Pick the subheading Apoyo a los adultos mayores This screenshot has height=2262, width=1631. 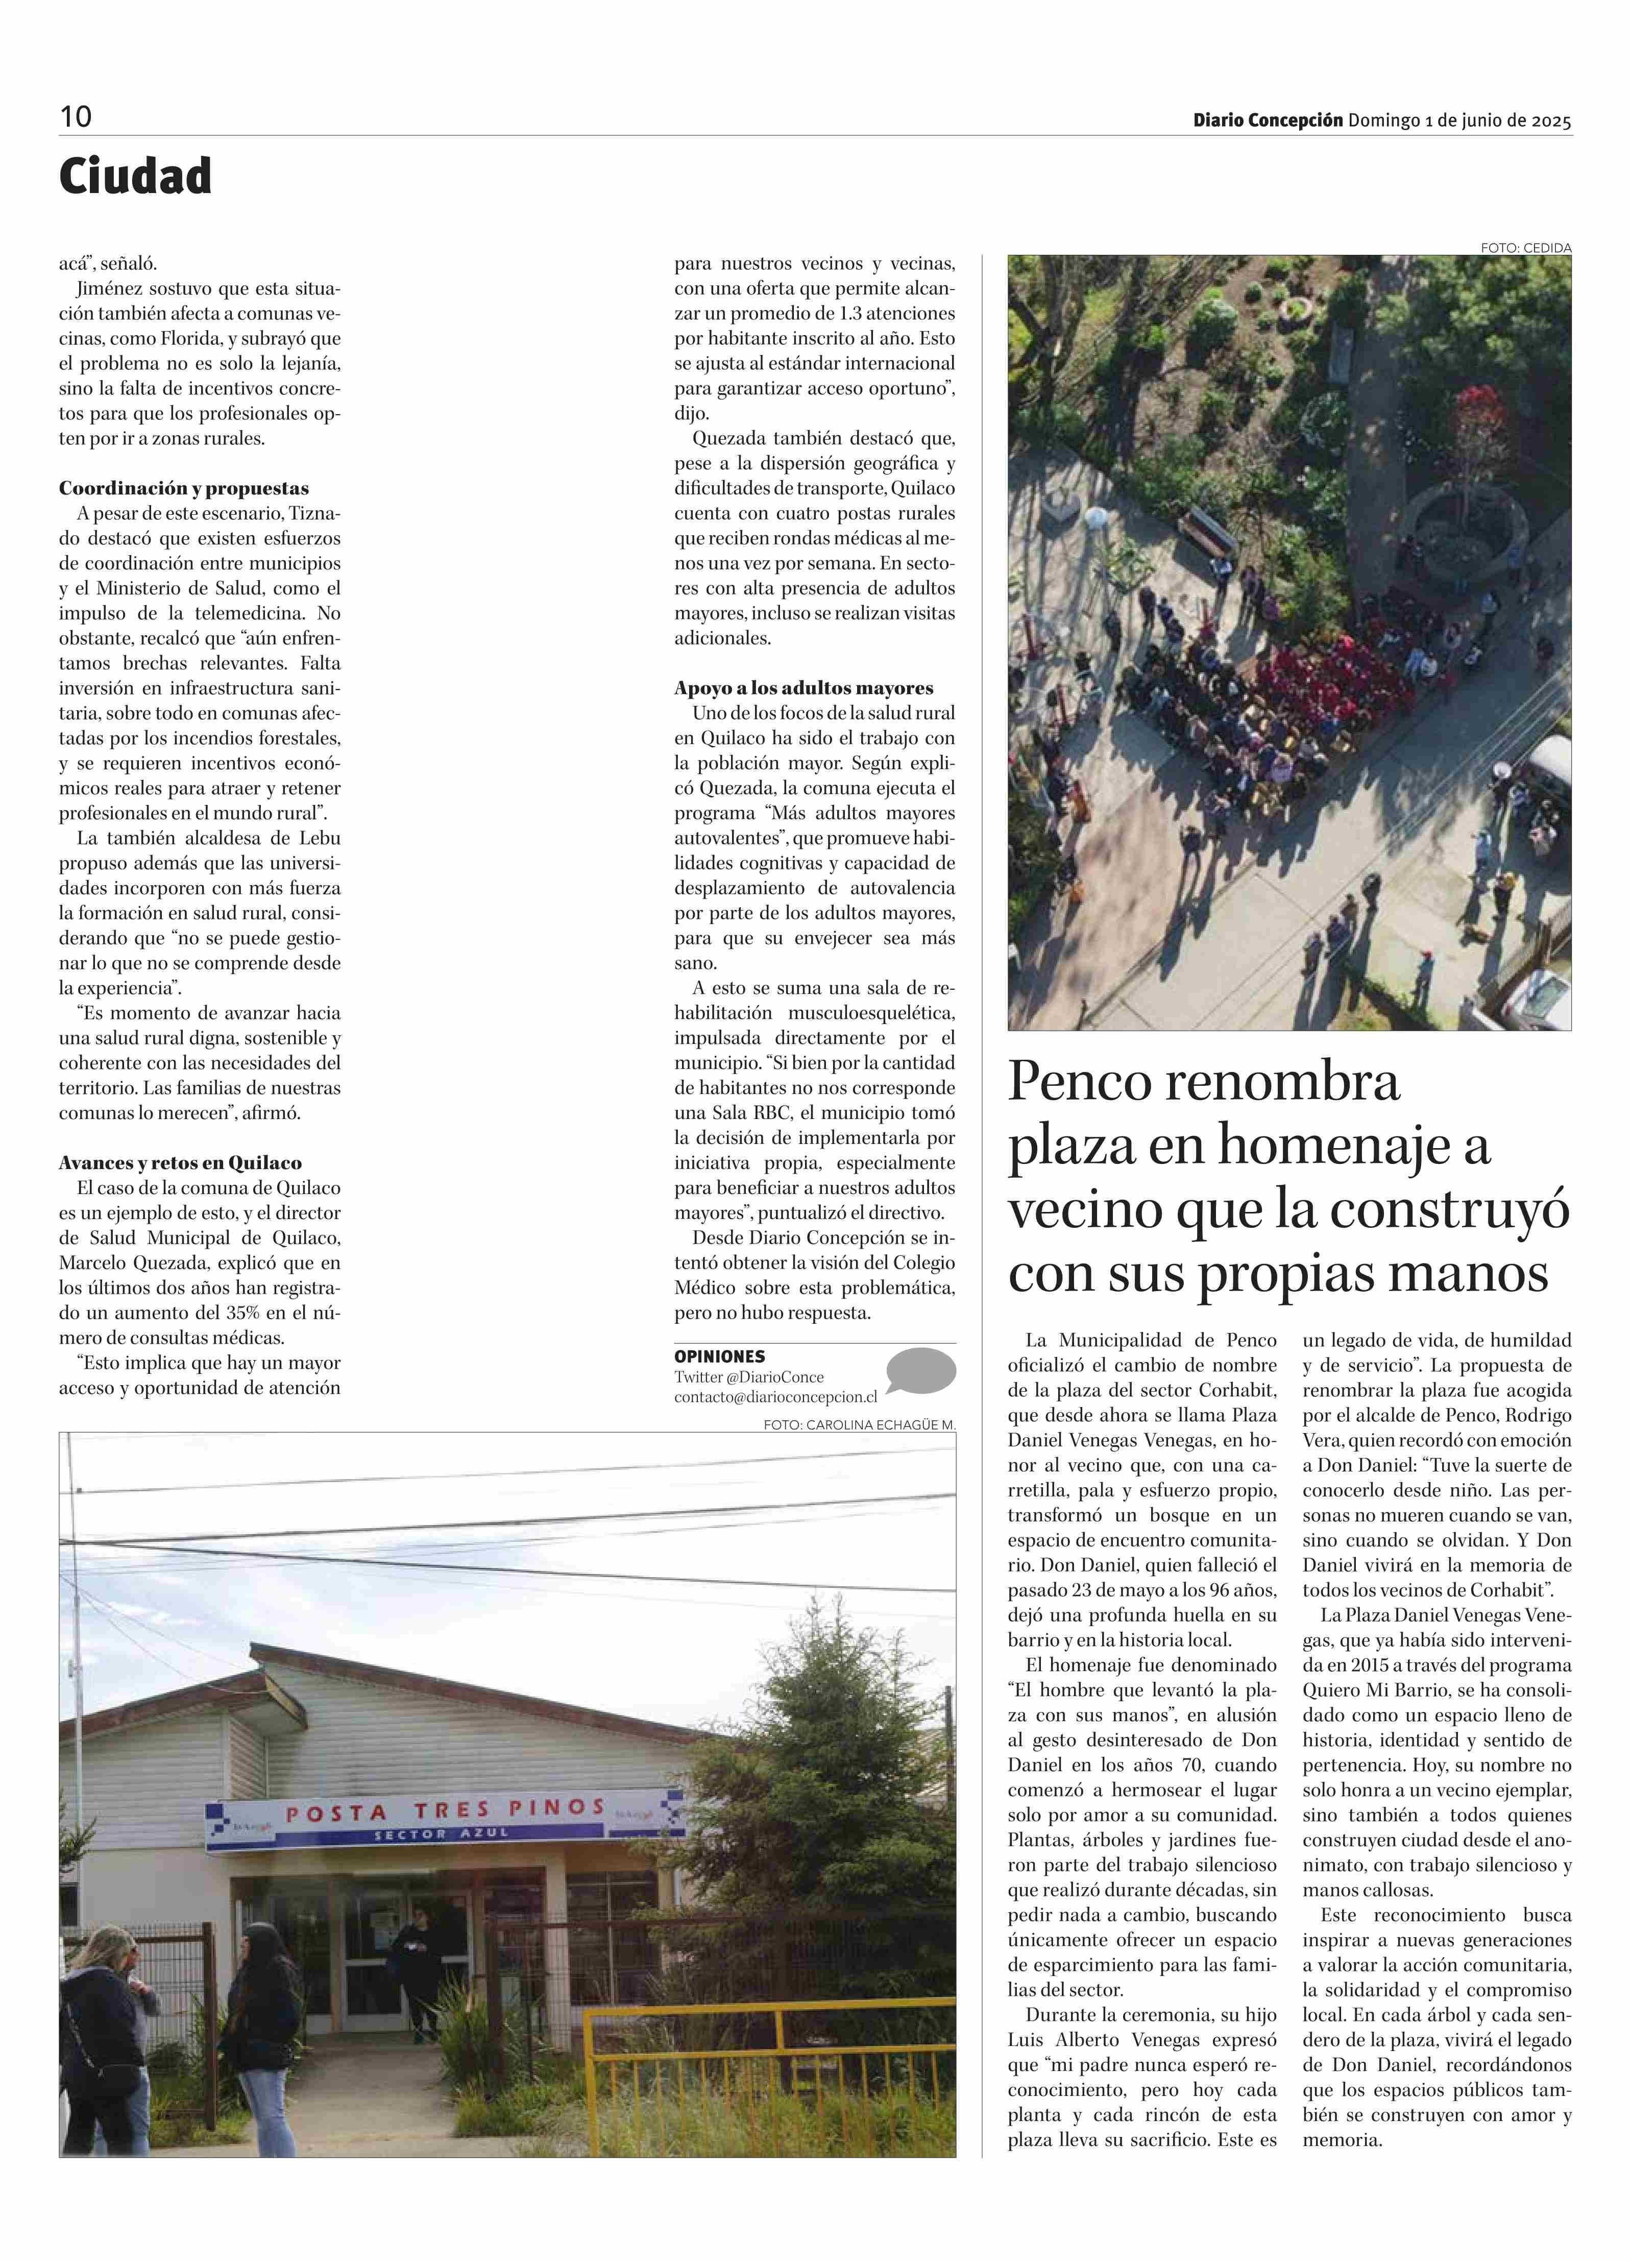804,688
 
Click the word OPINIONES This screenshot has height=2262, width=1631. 719,1356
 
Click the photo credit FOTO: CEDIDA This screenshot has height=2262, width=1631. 1525,247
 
